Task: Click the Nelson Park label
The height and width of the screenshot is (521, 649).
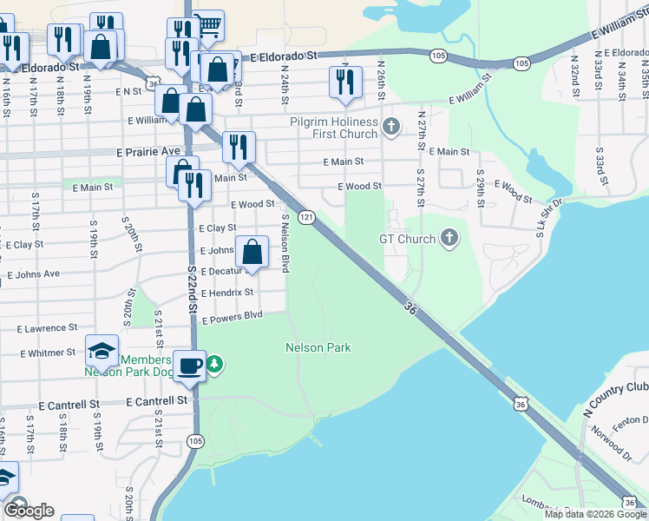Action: [318, 347]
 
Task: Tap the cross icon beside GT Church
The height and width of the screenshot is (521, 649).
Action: [449, 238]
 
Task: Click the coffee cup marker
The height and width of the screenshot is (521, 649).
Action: [189, 366]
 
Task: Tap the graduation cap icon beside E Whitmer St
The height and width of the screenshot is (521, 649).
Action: [102, 351]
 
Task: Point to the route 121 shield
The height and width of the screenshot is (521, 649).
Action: [306, 216]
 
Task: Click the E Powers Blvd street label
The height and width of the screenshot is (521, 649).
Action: [232, 317]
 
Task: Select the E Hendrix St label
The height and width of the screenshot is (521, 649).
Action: [226, 293]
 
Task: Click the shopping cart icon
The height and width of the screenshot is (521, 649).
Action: [207, 24]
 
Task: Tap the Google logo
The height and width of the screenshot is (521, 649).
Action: [29, 511]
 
